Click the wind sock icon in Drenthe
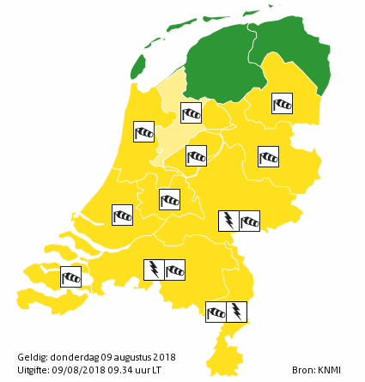point(282,103)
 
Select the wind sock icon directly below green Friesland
point(191,112)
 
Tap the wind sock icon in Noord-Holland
point(143,131)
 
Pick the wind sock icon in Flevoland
point(197,155)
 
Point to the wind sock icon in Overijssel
point(269,156)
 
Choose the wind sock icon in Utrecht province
point(170,199)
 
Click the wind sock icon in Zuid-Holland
point(124,214)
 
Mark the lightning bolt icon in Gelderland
point(228,221)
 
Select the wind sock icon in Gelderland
point(249,221)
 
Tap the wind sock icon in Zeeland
point(70,277)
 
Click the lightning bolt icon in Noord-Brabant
point(154,270)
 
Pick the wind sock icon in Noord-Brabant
point(174,270)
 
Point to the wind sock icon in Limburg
point(216,310)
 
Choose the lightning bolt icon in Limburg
point(237,310)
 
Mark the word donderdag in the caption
point(72,356)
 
